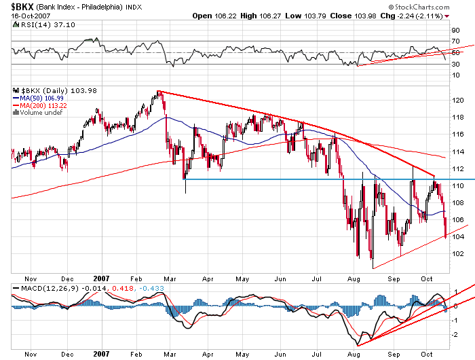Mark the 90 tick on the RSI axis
(455, 30)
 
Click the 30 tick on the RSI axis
(455, 64)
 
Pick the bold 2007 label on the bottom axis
(100, 354)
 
